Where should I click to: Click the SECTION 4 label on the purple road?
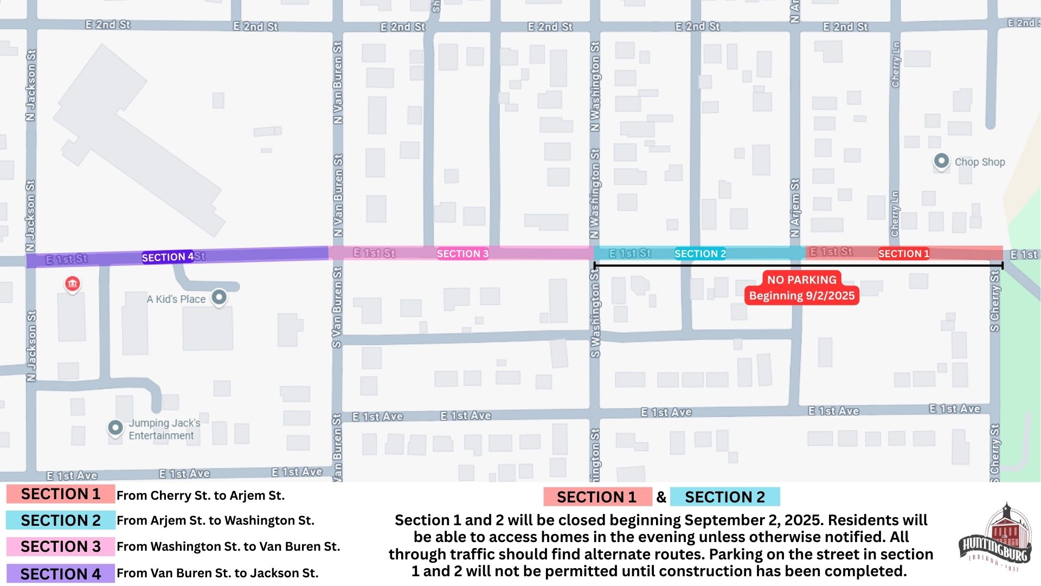pos(168,257)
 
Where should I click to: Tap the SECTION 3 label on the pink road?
pos(462,253)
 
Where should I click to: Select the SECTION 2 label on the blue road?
pos(700,253)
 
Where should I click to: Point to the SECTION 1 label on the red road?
pos(903,253)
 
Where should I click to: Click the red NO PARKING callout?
pos(801,288)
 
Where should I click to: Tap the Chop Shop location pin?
pos(941,161)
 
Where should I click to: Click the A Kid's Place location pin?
pos(219,297)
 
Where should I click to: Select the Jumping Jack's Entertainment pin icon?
pos(115,428)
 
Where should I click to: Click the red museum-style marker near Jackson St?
pos(72,284)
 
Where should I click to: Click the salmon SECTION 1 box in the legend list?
pos(61,494)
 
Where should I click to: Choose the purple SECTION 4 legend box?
pos(61,574)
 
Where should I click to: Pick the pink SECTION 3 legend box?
pos(61,546)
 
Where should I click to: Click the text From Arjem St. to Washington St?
pos(215,520)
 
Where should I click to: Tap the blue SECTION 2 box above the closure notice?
pos(724,497)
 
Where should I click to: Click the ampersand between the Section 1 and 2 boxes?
pos(661,497)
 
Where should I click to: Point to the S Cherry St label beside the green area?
pos(994,301)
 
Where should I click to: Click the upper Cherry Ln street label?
pos(895,64)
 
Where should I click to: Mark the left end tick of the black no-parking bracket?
pos(595,265)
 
